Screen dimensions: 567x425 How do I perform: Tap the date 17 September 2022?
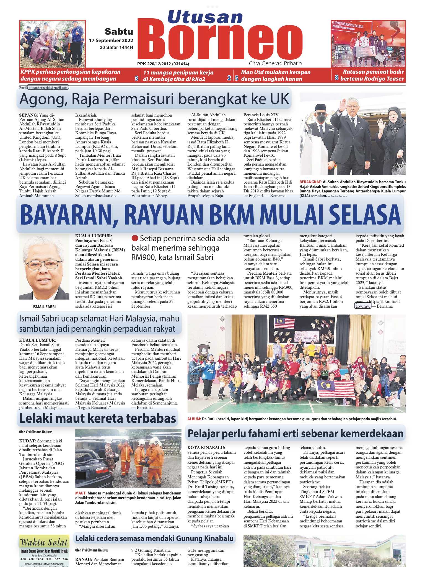(x=111, y=41)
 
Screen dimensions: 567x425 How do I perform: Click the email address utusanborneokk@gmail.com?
(x=48, y=88)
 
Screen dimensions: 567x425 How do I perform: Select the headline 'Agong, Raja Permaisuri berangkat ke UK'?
(x=154, y=99)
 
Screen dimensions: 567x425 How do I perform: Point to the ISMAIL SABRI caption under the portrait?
(x=44, y=307)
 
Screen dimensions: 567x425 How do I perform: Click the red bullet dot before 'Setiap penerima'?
(x=135, y=238)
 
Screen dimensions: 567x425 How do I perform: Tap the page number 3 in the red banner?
(x=136, y=78)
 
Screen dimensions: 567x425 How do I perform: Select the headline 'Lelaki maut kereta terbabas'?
(x=97, y=418)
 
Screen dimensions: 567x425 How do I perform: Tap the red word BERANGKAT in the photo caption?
(x=310, y=182)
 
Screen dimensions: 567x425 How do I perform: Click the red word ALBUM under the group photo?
(x=194, y=419)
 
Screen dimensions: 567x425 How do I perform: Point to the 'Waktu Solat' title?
(x=44, y=542)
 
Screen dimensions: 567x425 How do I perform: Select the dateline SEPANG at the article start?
(x=28, y=115)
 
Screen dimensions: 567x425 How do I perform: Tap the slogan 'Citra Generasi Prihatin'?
(x=275, y=63)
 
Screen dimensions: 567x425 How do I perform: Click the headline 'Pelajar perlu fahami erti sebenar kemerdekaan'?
(x=295, y=434)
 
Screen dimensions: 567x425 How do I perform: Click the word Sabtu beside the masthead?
(x=119, y=32)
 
